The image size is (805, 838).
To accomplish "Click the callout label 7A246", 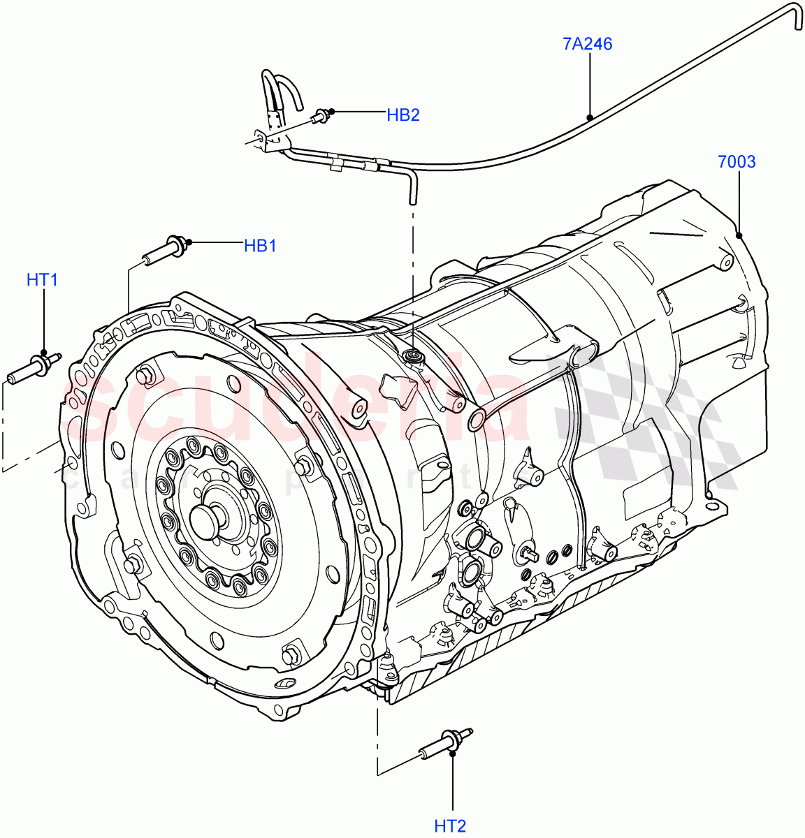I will coord(587,44).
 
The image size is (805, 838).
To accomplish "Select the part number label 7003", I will coord(737,162).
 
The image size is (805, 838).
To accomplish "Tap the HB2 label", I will coord(403,115).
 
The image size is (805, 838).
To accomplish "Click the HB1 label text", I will coord(260,246).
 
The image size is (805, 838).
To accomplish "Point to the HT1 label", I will coord(42,280).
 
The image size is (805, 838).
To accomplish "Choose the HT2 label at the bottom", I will coord(450,826).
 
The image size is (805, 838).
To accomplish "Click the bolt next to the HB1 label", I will coord(165,249).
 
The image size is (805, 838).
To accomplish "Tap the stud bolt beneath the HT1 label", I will coord(34,368).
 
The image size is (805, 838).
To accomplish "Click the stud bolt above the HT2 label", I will coord(444,742).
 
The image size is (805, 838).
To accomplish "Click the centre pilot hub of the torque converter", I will coord(208,520).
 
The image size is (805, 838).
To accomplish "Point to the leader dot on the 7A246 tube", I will coord(590,117).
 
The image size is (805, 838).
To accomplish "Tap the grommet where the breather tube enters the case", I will coord(413,358).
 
